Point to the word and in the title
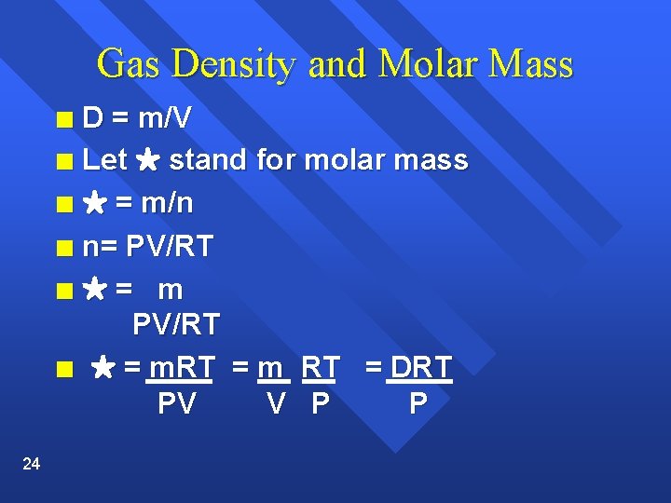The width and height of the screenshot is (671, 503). (x=336, y=65)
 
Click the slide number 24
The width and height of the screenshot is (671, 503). (x=31, y=464)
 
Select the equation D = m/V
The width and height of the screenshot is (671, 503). (x=139, y=118)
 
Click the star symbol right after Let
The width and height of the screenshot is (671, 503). (x=147, y=161)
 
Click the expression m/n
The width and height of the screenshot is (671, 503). (x=168, y=203)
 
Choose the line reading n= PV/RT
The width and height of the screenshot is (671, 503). (x=147, y=247)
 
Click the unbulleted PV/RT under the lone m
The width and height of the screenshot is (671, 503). (x=176, y=325)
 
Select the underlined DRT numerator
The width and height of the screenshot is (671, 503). (x=420, y=368)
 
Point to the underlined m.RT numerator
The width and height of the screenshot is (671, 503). (x=182, y=368)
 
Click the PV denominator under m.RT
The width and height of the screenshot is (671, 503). (x=177, y=404)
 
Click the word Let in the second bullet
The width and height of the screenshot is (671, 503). (x=104, y=160)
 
